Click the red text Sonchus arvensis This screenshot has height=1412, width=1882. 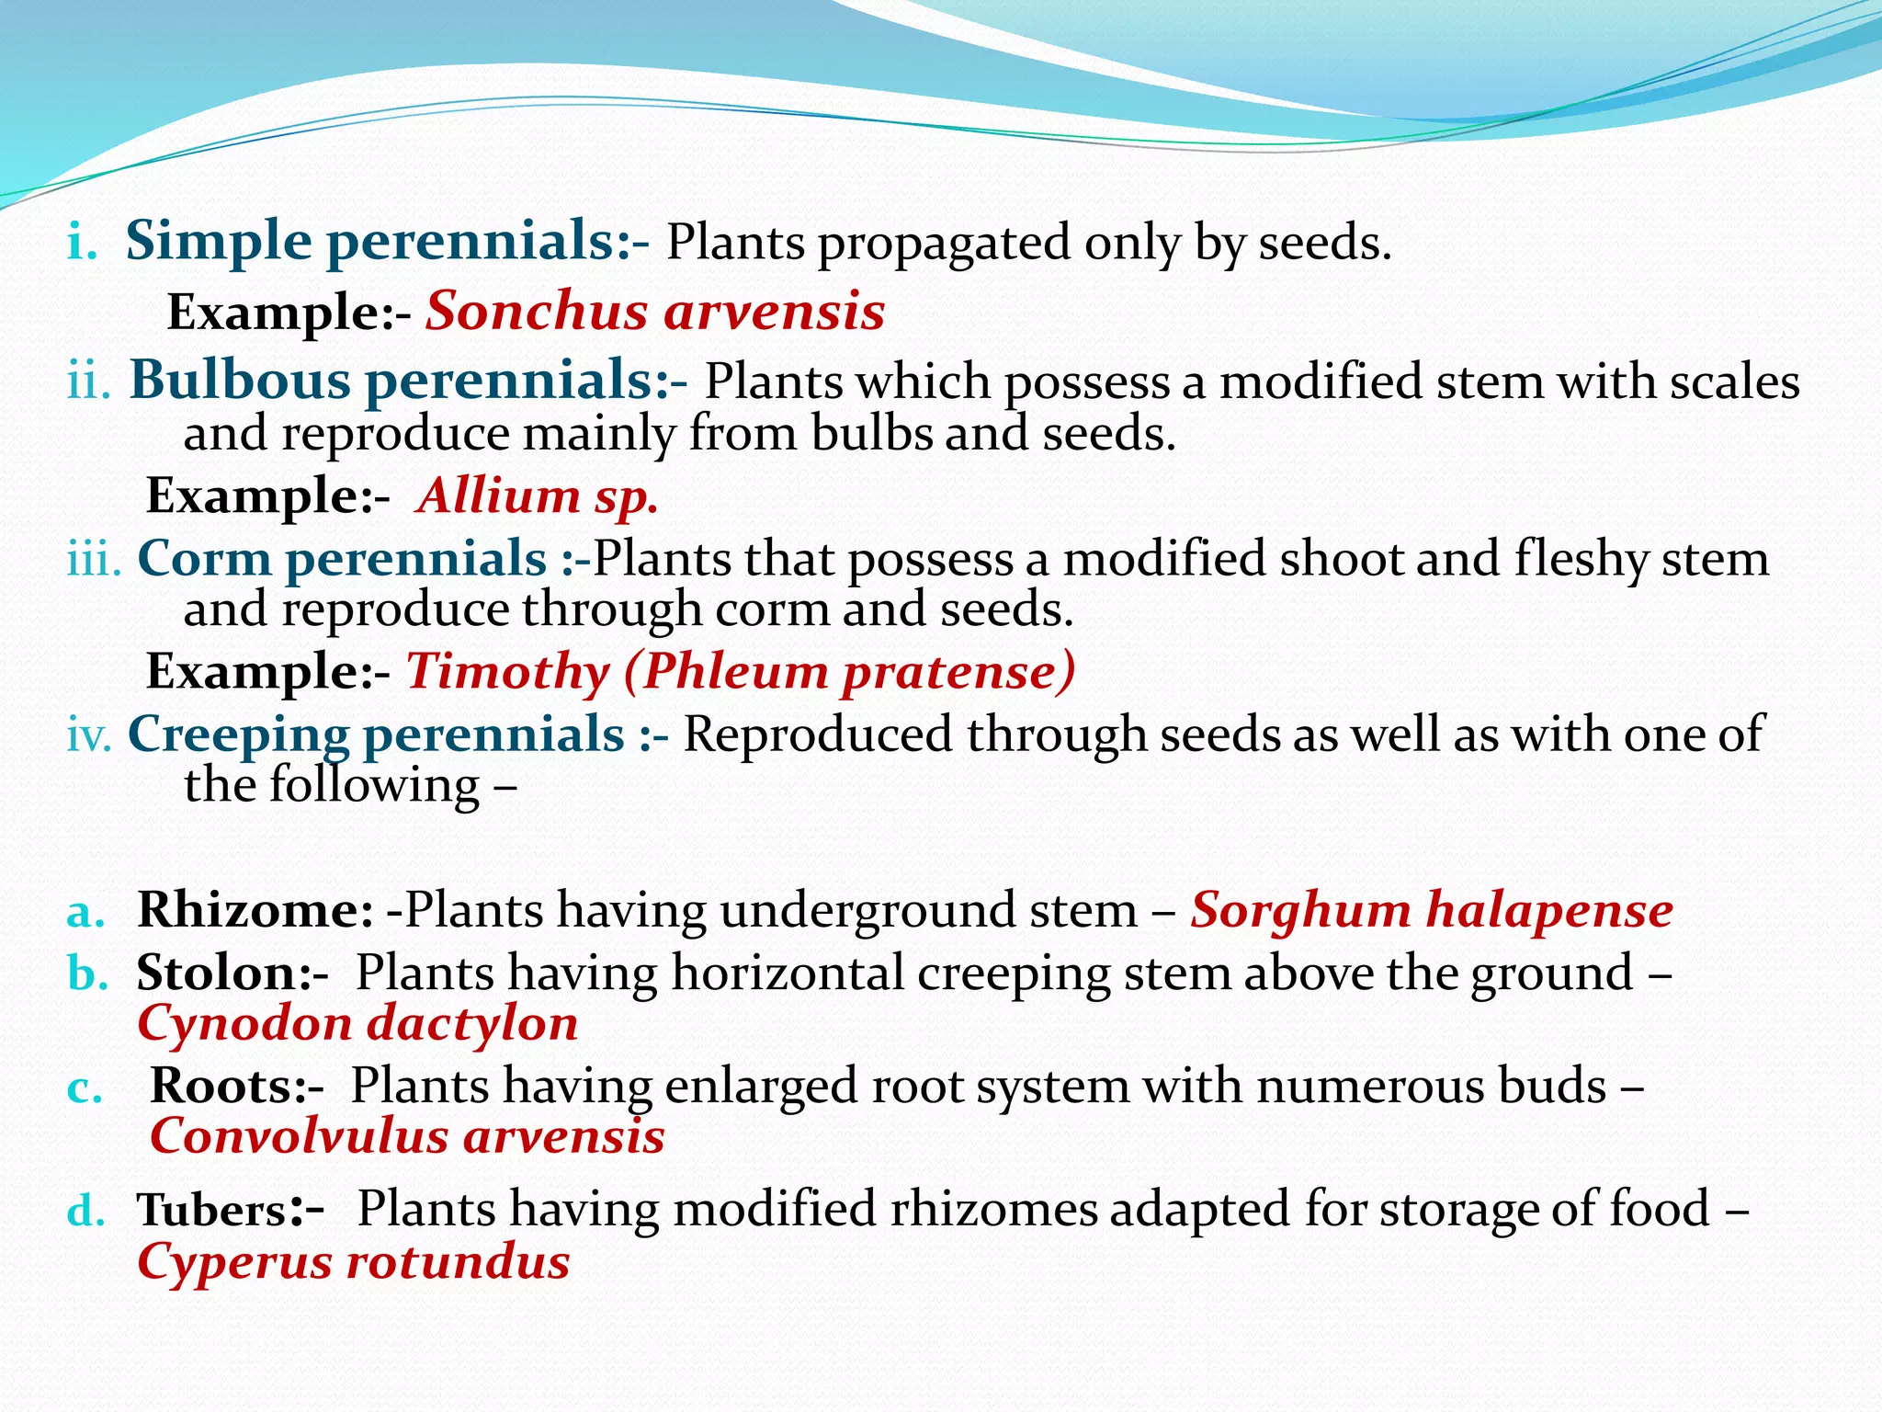[x=654, y=312]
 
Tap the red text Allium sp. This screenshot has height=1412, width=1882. [x=538, y=496]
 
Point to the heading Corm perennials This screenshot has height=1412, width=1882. [x=342, y=559]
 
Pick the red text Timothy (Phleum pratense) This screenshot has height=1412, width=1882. [x=740, y=671]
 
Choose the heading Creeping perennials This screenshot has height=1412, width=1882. [x=376, y=734]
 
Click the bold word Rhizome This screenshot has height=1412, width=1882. [x=255, y=911]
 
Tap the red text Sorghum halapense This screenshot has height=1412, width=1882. [x=1431, y=911]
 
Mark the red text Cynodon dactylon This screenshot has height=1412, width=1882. [x=357, y=1024]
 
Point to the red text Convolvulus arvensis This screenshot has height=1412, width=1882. [x=407, y=1136]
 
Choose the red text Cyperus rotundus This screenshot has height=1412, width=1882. [x=354, y=1262]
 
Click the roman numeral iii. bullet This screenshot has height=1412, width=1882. [x=94, y=559]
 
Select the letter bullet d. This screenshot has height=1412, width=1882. [x=85, y=1211]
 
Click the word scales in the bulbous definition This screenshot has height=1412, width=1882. [x=1734, y=381]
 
